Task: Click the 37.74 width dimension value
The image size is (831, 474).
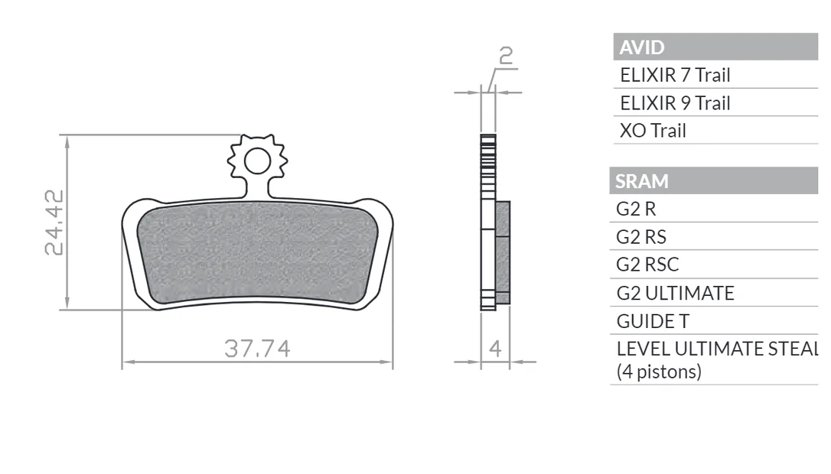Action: click(x=257, y=349)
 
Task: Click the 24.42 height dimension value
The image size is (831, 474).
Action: click(x=54, y=222)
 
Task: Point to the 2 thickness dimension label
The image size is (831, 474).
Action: click(x=506, y=56)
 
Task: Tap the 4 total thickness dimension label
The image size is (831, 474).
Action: click(x=495, y=349)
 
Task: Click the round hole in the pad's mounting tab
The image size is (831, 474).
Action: click(x=258, y=161)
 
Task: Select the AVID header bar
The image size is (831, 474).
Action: click(x=715, y=47)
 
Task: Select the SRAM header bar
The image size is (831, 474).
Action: click(x=714, y=180)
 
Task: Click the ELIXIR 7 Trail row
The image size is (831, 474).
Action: click(x=675, y=75)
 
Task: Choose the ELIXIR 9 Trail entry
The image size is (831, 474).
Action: click(x=675, y=102)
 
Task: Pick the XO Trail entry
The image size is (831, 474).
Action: click(x=653, y=130)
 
